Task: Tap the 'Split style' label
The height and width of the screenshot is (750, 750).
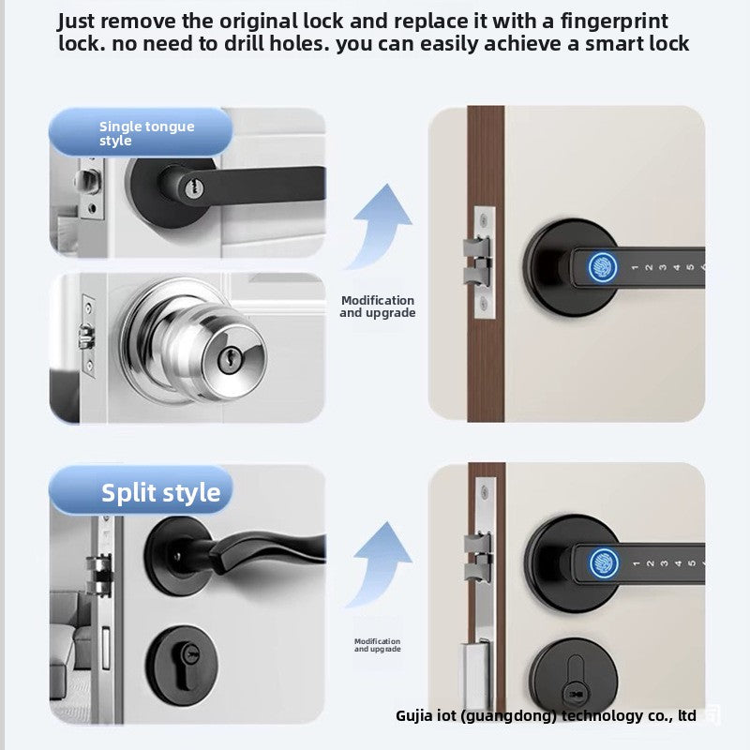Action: click(x=161, y=493)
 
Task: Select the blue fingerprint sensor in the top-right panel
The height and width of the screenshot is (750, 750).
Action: click(x=600, y=266)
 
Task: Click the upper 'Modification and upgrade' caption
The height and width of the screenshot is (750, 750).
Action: click(x=377, y=307)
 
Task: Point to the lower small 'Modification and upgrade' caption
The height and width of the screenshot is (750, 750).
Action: click(x=377, y=645)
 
